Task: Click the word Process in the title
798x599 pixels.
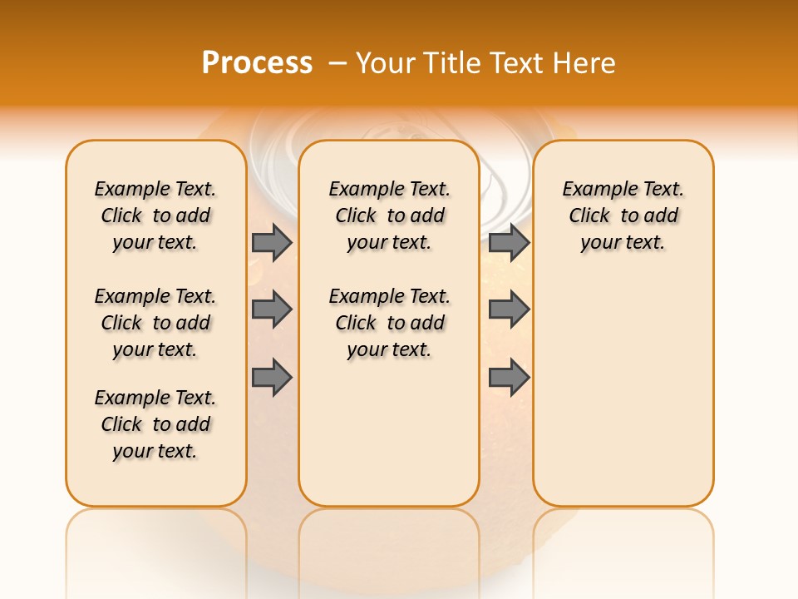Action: click(257, 63)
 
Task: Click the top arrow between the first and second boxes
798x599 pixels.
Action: click(272, 242)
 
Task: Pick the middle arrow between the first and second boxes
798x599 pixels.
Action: click(272, 309)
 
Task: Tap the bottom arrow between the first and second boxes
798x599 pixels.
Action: click(272, 378)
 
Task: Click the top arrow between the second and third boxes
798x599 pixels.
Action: click(509, 242)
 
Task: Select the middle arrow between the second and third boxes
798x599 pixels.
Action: click(509, 309)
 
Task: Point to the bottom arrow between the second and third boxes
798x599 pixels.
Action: click(509, 378)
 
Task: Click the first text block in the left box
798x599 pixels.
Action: click(155, 215)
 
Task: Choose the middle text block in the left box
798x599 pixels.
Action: click(155, 323)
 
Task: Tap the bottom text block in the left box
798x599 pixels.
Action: click(155, 424)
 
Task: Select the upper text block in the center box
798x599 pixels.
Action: click(389, 215)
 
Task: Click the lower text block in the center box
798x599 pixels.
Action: click(389, 323)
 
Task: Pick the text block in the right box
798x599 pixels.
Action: click(623, 215)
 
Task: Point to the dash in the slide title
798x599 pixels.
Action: click(337, 63)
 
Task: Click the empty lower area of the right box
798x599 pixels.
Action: click(623, 391)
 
